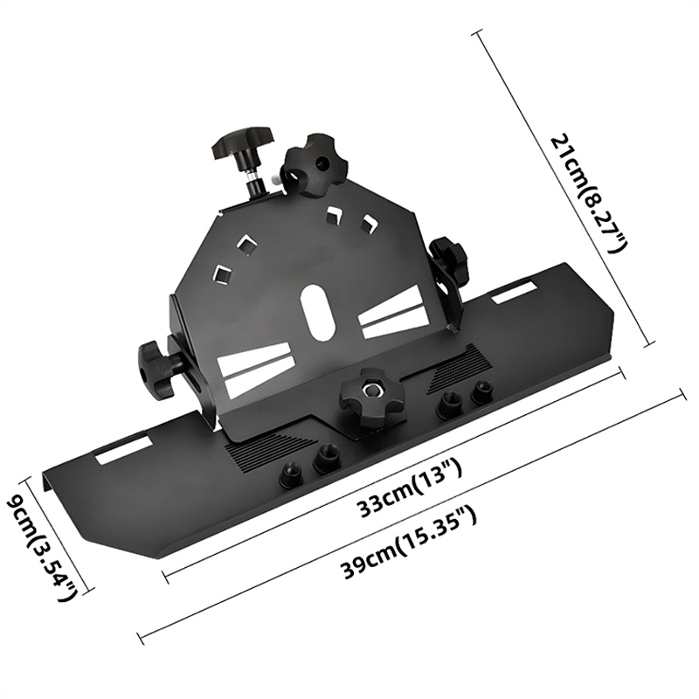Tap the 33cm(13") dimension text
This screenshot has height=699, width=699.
[x=411, y=489]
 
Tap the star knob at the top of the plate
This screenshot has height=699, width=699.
[x=313, y=164]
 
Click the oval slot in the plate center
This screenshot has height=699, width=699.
[x=315, y=312]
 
